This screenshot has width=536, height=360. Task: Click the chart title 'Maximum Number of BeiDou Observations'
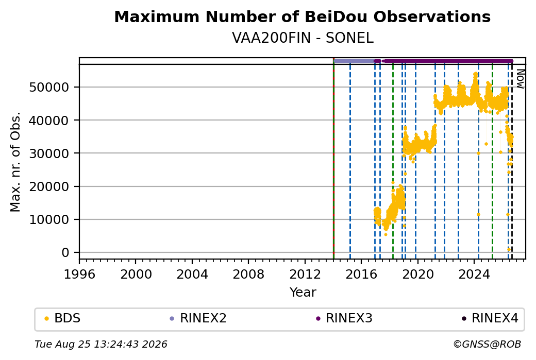[302, 16]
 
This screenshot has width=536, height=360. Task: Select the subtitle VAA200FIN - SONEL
[303, 38]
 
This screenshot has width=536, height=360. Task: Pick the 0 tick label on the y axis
[65, 253]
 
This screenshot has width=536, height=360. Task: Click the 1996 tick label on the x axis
[79, 274]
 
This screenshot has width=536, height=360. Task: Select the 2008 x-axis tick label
[248, 274]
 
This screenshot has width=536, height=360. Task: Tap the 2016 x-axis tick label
[361, 274]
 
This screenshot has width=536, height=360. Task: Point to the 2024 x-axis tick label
[474, 274]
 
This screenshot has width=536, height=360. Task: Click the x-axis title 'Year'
[303, 293]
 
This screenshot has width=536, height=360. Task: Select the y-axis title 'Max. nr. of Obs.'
[15, 162]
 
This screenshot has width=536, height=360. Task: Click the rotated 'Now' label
[520, 79]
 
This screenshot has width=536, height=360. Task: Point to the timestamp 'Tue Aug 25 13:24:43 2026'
[101, 344]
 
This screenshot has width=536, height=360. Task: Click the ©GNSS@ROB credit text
[487, 344]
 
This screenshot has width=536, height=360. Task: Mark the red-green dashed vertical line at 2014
[333, 159]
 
